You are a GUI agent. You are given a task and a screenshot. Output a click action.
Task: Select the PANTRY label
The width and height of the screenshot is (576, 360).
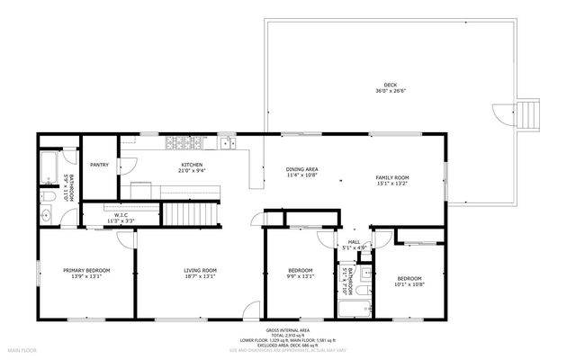[99, 165]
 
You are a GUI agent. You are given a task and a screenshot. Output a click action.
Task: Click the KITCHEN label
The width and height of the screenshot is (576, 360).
[192, 165]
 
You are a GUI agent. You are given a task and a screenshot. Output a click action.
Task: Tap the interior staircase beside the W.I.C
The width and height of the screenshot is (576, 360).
[190, 214]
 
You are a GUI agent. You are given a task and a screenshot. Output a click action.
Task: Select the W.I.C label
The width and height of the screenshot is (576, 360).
[119, 215]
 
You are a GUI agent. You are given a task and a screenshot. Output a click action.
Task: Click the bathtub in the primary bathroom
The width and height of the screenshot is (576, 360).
[49, 167]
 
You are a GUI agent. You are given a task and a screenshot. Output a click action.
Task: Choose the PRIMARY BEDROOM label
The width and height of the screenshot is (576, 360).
[86, 270]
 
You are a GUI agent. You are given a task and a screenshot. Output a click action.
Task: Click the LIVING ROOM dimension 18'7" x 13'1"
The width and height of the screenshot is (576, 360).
[200, 276]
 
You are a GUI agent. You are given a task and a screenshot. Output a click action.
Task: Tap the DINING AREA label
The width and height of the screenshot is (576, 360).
[301, 170]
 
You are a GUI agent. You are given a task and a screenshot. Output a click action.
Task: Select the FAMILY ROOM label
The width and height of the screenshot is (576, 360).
[391, 177]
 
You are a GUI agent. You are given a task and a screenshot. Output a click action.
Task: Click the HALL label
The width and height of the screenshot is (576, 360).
[354, 242]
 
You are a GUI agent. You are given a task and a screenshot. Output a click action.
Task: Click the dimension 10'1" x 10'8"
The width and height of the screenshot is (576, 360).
[409, 285]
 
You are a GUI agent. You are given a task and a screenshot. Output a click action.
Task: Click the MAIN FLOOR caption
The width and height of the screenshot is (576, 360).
[22, 349]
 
